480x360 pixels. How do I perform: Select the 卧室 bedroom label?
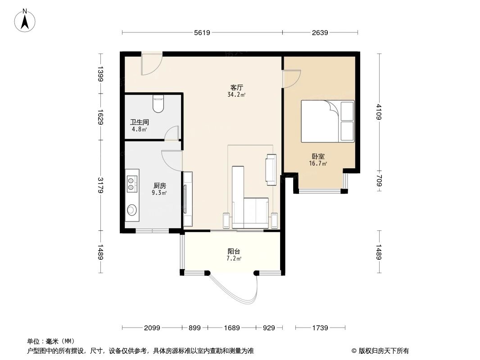click(317, 157)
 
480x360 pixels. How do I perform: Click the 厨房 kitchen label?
click(159, 185)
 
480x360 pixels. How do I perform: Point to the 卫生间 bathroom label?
click(139, 122)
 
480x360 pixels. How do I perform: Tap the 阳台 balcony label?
click(234, 252)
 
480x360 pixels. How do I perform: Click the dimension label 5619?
click(202, 32)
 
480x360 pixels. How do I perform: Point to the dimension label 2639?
click(319, 32)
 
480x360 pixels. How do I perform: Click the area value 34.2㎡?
click(236, 95)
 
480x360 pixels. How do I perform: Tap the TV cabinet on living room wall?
click(188, 199)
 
